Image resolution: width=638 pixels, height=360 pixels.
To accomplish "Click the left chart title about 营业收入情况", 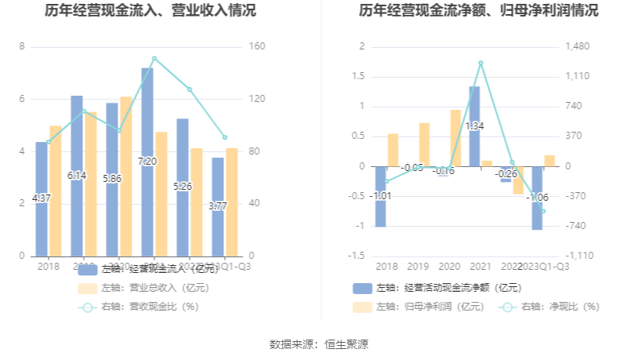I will (x=161, y=11).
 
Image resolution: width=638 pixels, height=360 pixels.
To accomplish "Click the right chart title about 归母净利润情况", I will (x=478, y=11).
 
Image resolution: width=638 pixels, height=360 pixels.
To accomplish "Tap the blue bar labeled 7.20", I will (x=147, y=161).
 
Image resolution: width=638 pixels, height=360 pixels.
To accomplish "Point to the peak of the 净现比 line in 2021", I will (x=480, y=63).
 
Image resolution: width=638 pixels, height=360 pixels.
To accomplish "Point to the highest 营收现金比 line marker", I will (x=154, y=58).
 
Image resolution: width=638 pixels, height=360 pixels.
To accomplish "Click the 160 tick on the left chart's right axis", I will (x=258, y=47).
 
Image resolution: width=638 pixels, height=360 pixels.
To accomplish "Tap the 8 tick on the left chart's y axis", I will (x=22, y=47).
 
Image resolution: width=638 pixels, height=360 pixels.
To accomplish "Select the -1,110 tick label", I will (x=579, y=256).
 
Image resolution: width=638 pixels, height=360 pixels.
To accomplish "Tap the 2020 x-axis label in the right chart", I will (x=450, y=266).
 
